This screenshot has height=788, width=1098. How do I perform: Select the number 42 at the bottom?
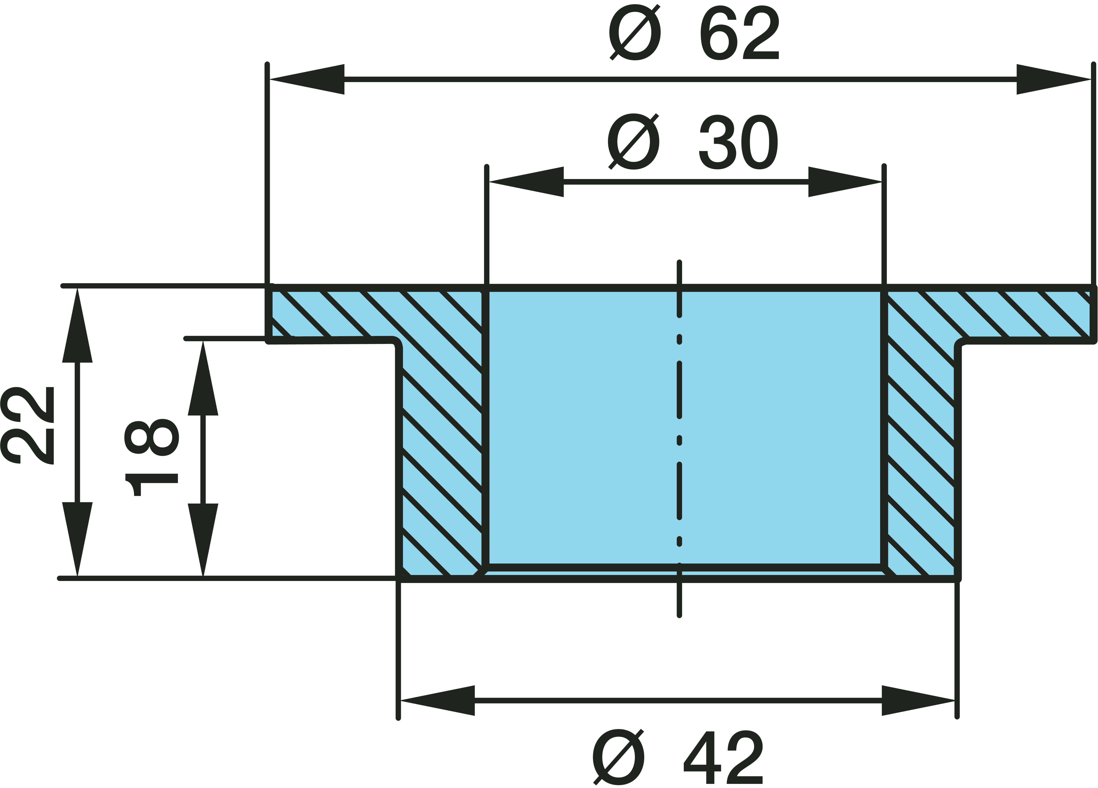point(723,757)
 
